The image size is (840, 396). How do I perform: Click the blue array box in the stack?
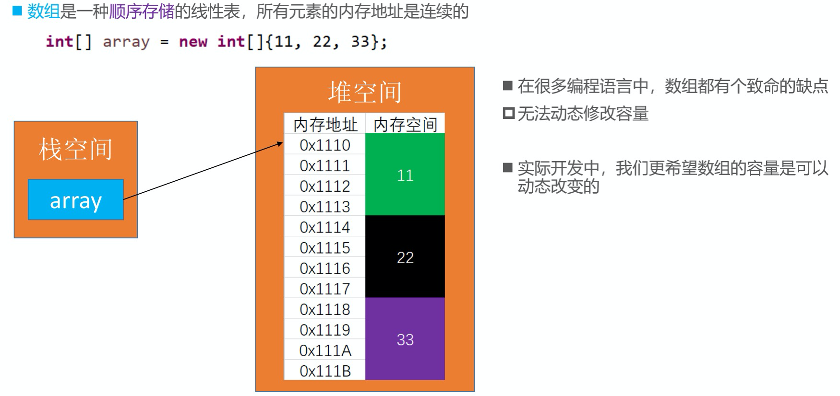(x=76, y=200)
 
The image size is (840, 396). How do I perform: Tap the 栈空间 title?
(x=75, y=149)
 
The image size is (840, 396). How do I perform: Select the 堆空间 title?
(x=365, y=92)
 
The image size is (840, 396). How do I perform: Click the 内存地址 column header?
(x=325, y=124)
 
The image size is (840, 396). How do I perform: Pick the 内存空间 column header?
(x=405, y=124)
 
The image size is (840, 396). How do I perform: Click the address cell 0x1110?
(x=325, y=145)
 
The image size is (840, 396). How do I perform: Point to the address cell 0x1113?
(x=325, y=207)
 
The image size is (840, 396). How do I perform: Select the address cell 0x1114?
(x=325, y=227)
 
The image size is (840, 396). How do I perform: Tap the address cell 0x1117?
(x=325, y=289)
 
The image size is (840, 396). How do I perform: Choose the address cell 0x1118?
(x=325, y=309)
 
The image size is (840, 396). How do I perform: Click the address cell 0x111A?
(x=325, y=350)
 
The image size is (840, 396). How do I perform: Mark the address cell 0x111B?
(x=325, y=371)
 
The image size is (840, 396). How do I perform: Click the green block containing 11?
(x=405, y=175)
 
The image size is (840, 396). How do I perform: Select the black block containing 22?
(x=405, y=257)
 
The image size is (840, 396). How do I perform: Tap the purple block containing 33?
(x=405, y=339)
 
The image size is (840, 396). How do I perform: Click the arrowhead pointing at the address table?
(x=280, y=143)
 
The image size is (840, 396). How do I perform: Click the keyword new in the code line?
(x=193, y=42)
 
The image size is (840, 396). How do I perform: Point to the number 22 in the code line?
(x=322, y=42)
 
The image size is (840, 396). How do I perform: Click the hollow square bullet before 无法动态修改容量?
(x=508, y=114)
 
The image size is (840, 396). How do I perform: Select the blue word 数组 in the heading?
(x=43, y=12)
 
